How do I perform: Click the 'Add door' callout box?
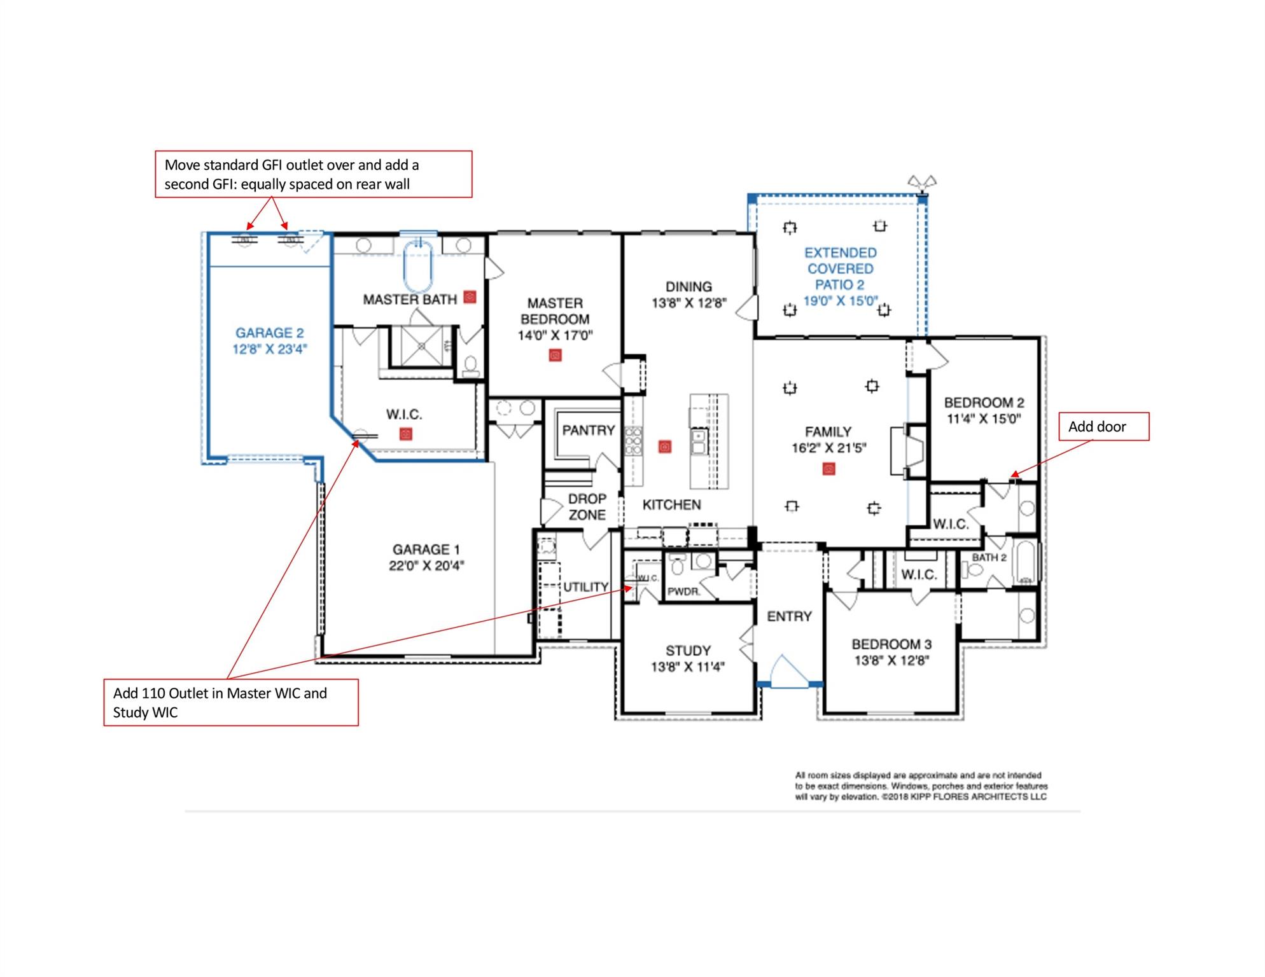click(x=1103, y=427)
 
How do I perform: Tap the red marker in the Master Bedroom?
click(x=555, y=355)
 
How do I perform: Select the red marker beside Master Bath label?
click(x=470, y=296)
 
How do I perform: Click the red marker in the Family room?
click(x=828, y=469)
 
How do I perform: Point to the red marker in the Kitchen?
click(x=665, y=447)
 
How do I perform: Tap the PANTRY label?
click(x=588, y=431)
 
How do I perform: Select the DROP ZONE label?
click(x=587, y=506)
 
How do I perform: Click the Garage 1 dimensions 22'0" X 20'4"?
click(x=426, y=565)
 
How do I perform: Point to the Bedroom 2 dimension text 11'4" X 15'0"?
click(x=984, y=419)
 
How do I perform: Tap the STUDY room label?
click(x=688, y=651)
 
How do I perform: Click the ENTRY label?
click(x=789, y=616)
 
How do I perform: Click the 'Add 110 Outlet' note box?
click(x=231, y=702)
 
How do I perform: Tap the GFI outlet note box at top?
click(x=314, y=174)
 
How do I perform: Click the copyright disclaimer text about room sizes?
click(x=920, y=786)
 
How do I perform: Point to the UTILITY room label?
click(x=585, y=586)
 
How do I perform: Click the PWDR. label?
click(x=683, y=592)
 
